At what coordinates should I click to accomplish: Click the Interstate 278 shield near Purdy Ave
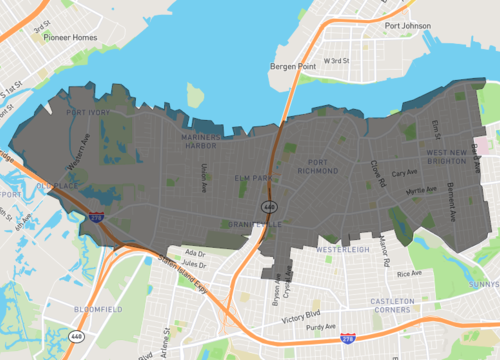click(x=346, y=341)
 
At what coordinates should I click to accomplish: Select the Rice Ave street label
click(x=408, y=273)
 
